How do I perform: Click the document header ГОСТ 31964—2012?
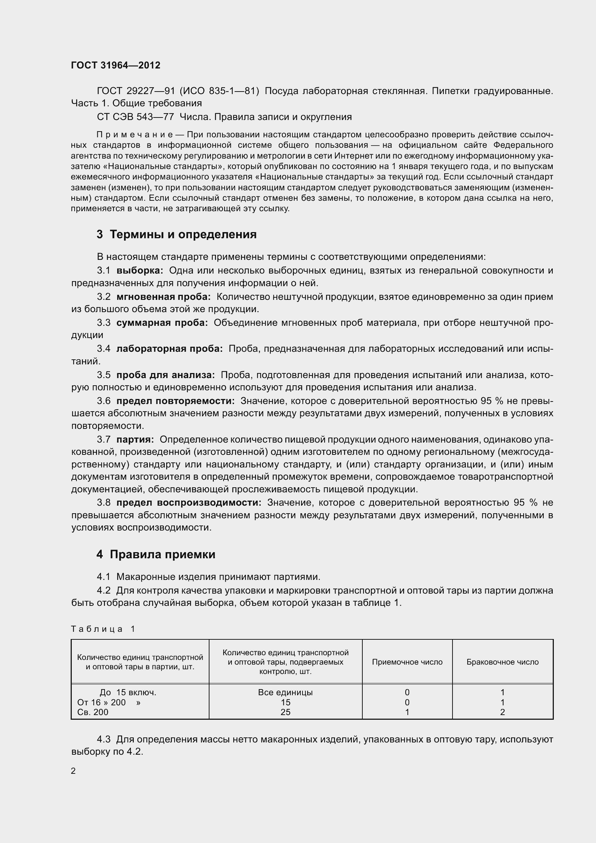tap(116, 65)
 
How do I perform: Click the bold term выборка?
tap(140, 271)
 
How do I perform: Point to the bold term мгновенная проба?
tap(163, 297)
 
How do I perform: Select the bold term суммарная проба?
tap(162, 323)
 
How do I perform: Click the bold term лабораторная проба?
tap(169, 349)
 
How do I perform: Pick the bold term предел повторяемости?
tap(176, 401)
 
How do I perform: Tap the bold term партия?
tap(135, 439)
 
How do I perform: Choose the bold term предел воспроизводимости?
tap(189, 503)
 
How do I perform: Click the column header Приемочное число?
tap(407, 662)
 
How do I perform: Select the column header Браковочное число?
tap(502, 662)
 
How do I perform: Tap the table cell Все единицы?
tap(285, 692)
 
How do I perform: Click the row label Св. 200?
tap(93, 712)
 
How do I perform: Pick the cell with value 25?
tap(285, 712)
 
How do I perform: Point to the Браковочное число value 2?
tap(502, 712)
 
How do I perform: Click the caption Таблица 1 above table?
tap(103, 629)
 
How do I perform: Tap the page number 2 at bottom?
tap(73, 771)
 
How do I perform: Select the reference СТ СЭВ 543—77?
tap(135, 117)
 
